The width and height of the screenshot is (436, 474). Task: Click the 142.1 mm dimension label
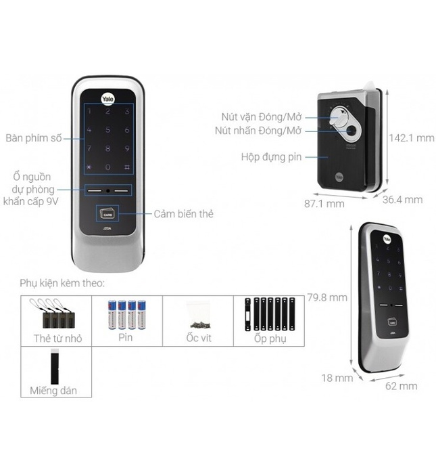[x=412, y=137]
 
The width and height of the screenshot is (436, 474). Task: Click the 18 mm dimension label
[x=337, y=378]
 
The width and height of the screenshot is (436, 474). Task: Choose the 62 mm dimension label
[x=402, y=386]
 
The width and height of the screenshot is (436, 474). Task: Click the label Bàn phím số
[x=33, y=138]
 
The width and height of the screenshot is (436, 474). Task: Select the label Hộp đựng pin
[x=270, y=157]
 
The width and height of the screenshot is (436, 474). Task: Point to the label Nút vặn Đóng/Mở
[x=260, y=116]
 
